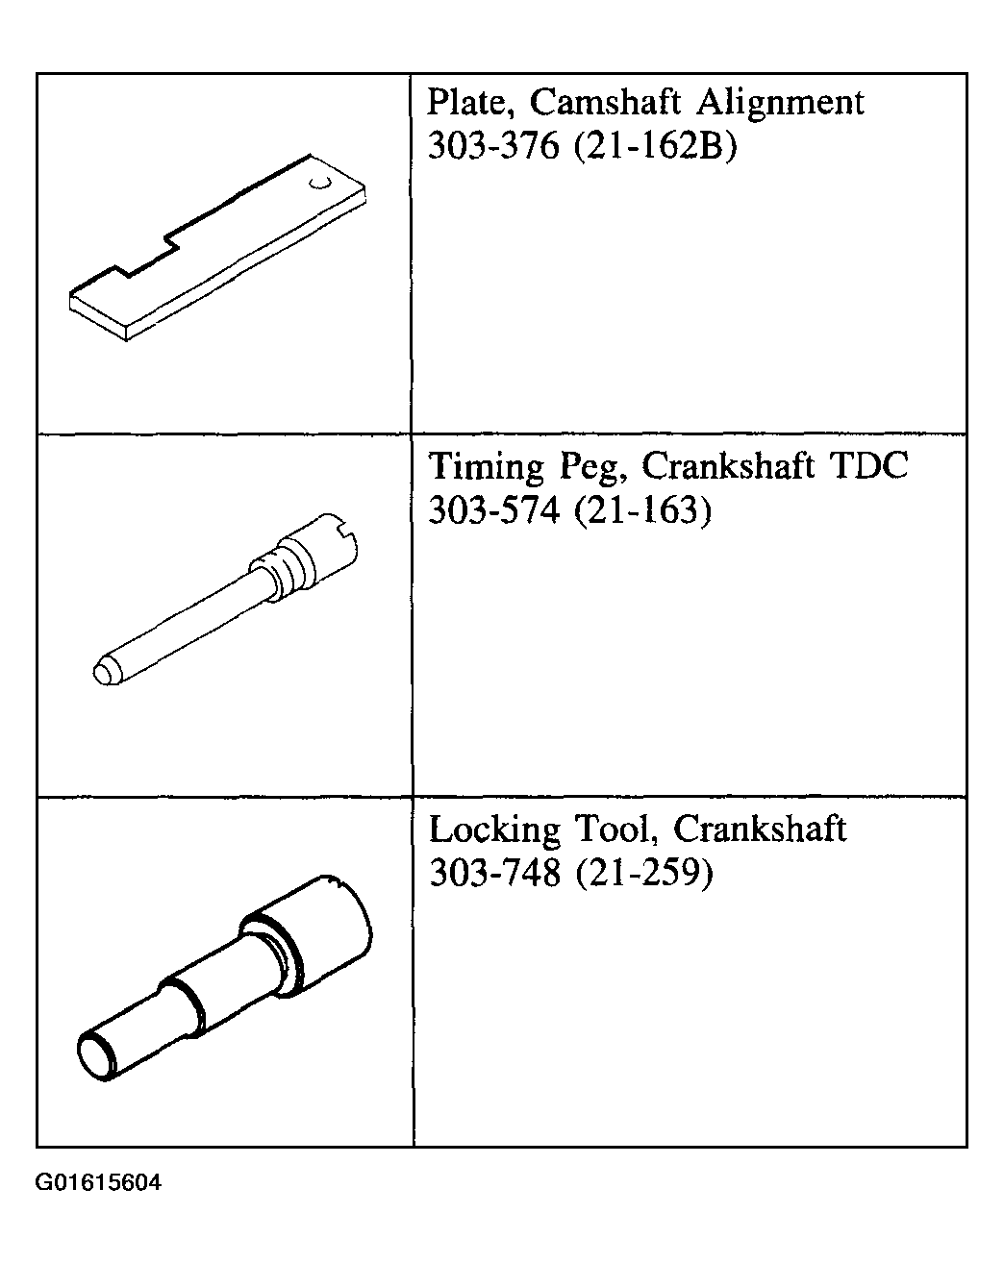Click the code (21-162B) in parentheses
655,146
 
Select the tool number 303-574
493,508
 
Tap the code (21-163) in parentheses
643,509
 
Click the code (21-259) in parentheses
644,873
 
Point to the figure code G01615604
98,1182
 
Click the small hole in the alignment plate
320,184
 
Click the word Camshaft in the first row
605,102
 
